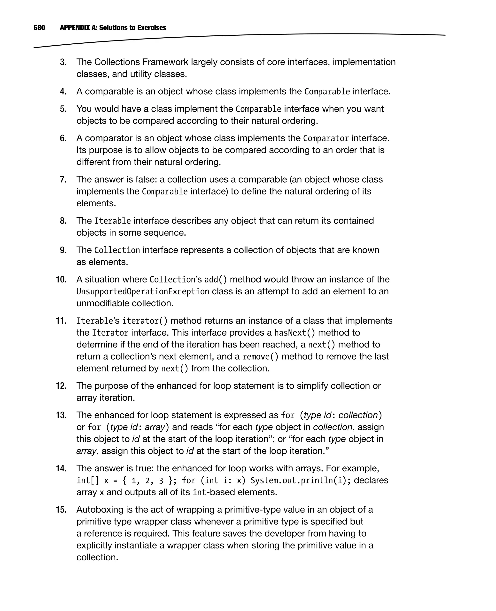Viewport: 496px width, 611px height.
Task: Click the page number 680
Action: pyautogui.click(x=39, y=28)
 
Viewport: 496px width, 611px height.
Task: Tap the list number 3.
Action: pyautogui.click(x=63, y=62)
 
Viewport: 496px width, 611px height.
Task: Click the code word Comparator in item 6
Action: pyautogui.click(x=326, y=138)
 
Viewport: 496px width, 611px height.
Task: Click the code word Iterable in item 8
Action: pyautogui.click(x=112, y=221)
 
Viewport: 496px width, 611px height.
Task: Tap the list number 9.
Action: pyautogui.click(x=63, y=250)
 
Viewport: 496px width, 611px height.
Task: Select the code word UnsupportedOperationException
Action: pyautogui.click(x=143, y=292)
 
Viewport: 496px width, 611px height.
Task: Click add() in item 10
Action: pyautogui.click(x=216, y=280)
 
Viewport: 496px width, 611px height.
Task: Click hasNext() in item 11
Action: pyautogui.click(x=294, y=333)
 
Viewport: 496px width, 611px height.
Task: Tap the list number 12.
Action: pyautogui.click(x=61, y=386)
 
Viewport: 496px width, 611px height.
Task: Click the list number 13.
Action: pyautogui.click(x=61, y=415)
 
